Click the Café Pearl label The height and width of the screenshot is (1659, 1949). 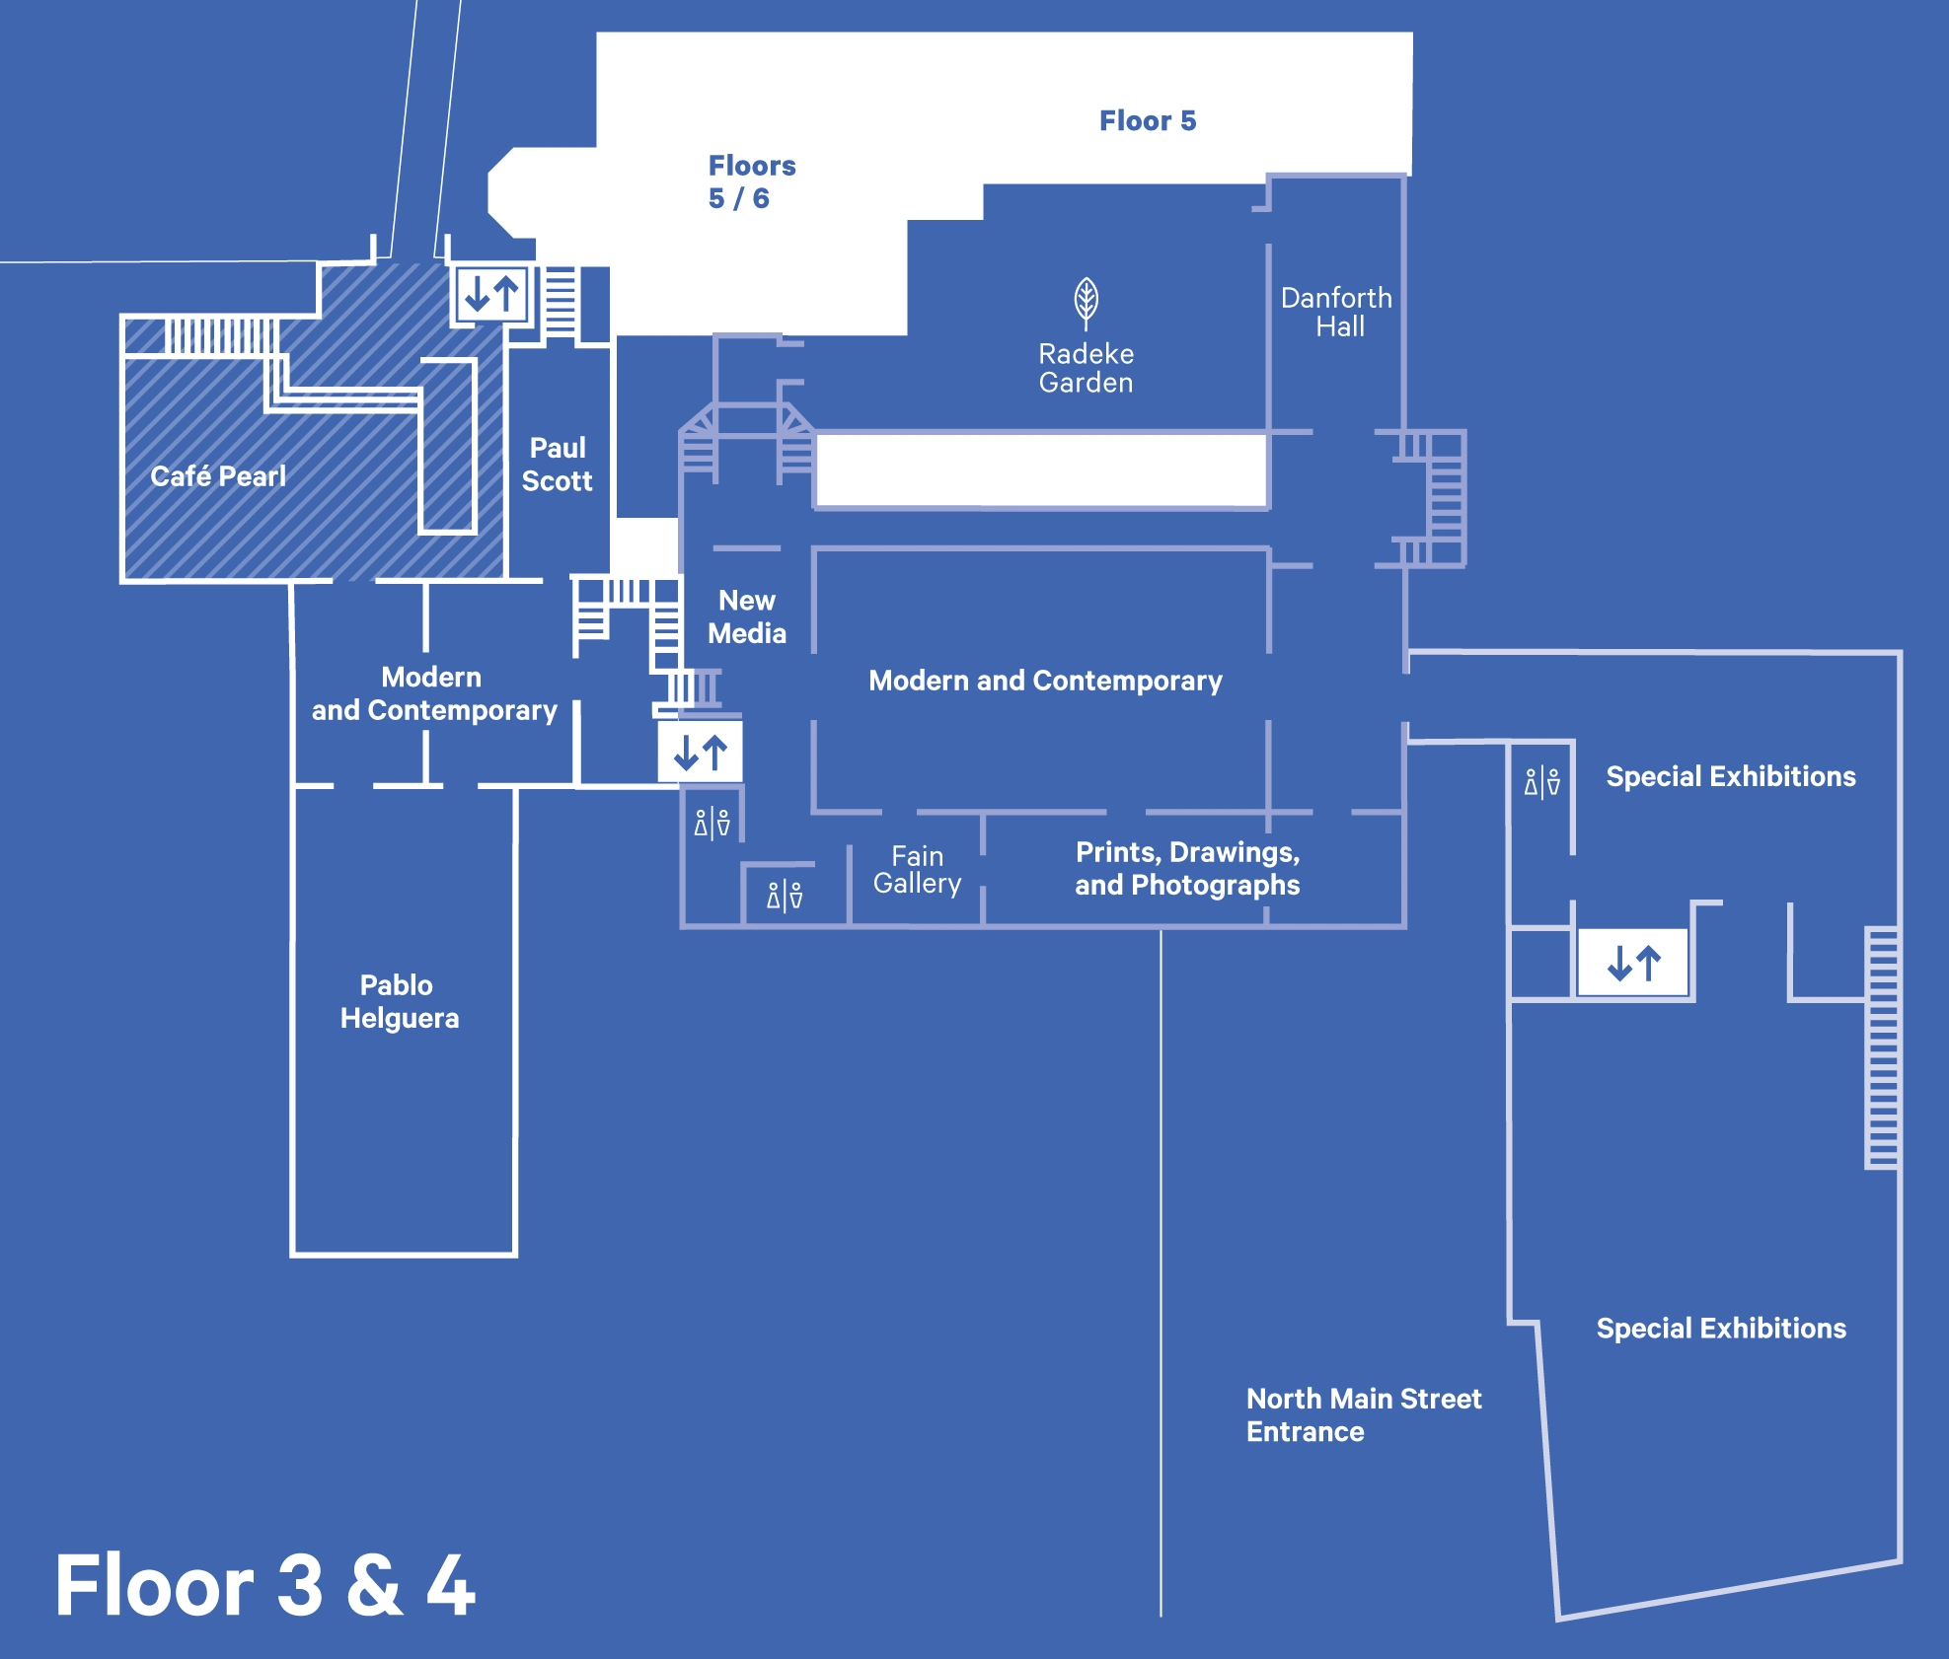click(218, 476)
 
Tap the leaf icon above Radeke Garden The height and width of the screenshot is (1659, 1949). click(1086, 302)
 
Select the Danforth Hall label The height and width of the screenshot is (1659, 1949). click(1336, 312)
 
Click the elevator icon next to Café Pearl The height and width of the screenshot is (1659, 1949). click(491, 294)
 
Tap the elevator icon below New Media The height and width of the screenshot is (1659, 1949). click(701, 753)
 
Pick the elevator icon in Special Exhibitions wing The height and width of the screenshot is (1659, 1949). click(1633, 963)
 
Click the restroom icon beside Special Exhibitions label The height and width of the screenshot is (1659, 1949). click(1541, 782)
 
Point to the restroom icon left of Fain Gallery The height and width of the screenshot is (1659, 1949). click(785, 896)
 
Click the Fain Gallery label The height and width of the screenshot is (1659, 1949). click(917, 870)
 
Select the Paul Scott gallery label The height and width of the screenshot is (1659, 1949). click(558, 465)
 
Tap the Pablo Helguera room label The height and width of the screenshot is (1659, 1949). click(399, 1001)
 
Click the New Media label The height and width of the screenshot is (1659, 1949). click(747, 616)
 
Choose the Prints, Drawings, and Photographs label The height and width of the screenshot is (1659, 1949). click(1187, 868)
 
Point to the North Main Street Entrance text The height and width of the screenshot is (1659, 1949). click(1363, 1414)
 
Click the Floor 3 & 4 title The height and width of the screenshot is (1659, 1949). click(264, 1585)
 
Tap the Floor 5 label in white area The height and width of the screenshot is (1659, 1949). click(1148, 120)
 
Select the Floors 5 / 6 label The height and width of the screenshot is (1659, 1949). click(751, 181)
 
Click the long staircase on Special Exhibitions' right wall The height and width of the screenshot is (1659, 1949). click(1881, 1047)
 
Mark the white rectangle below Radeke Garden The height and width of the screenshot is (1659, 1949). click(1041, 470)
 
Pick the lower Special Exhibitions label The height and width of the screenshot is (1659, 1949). click(1720, 1329)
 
